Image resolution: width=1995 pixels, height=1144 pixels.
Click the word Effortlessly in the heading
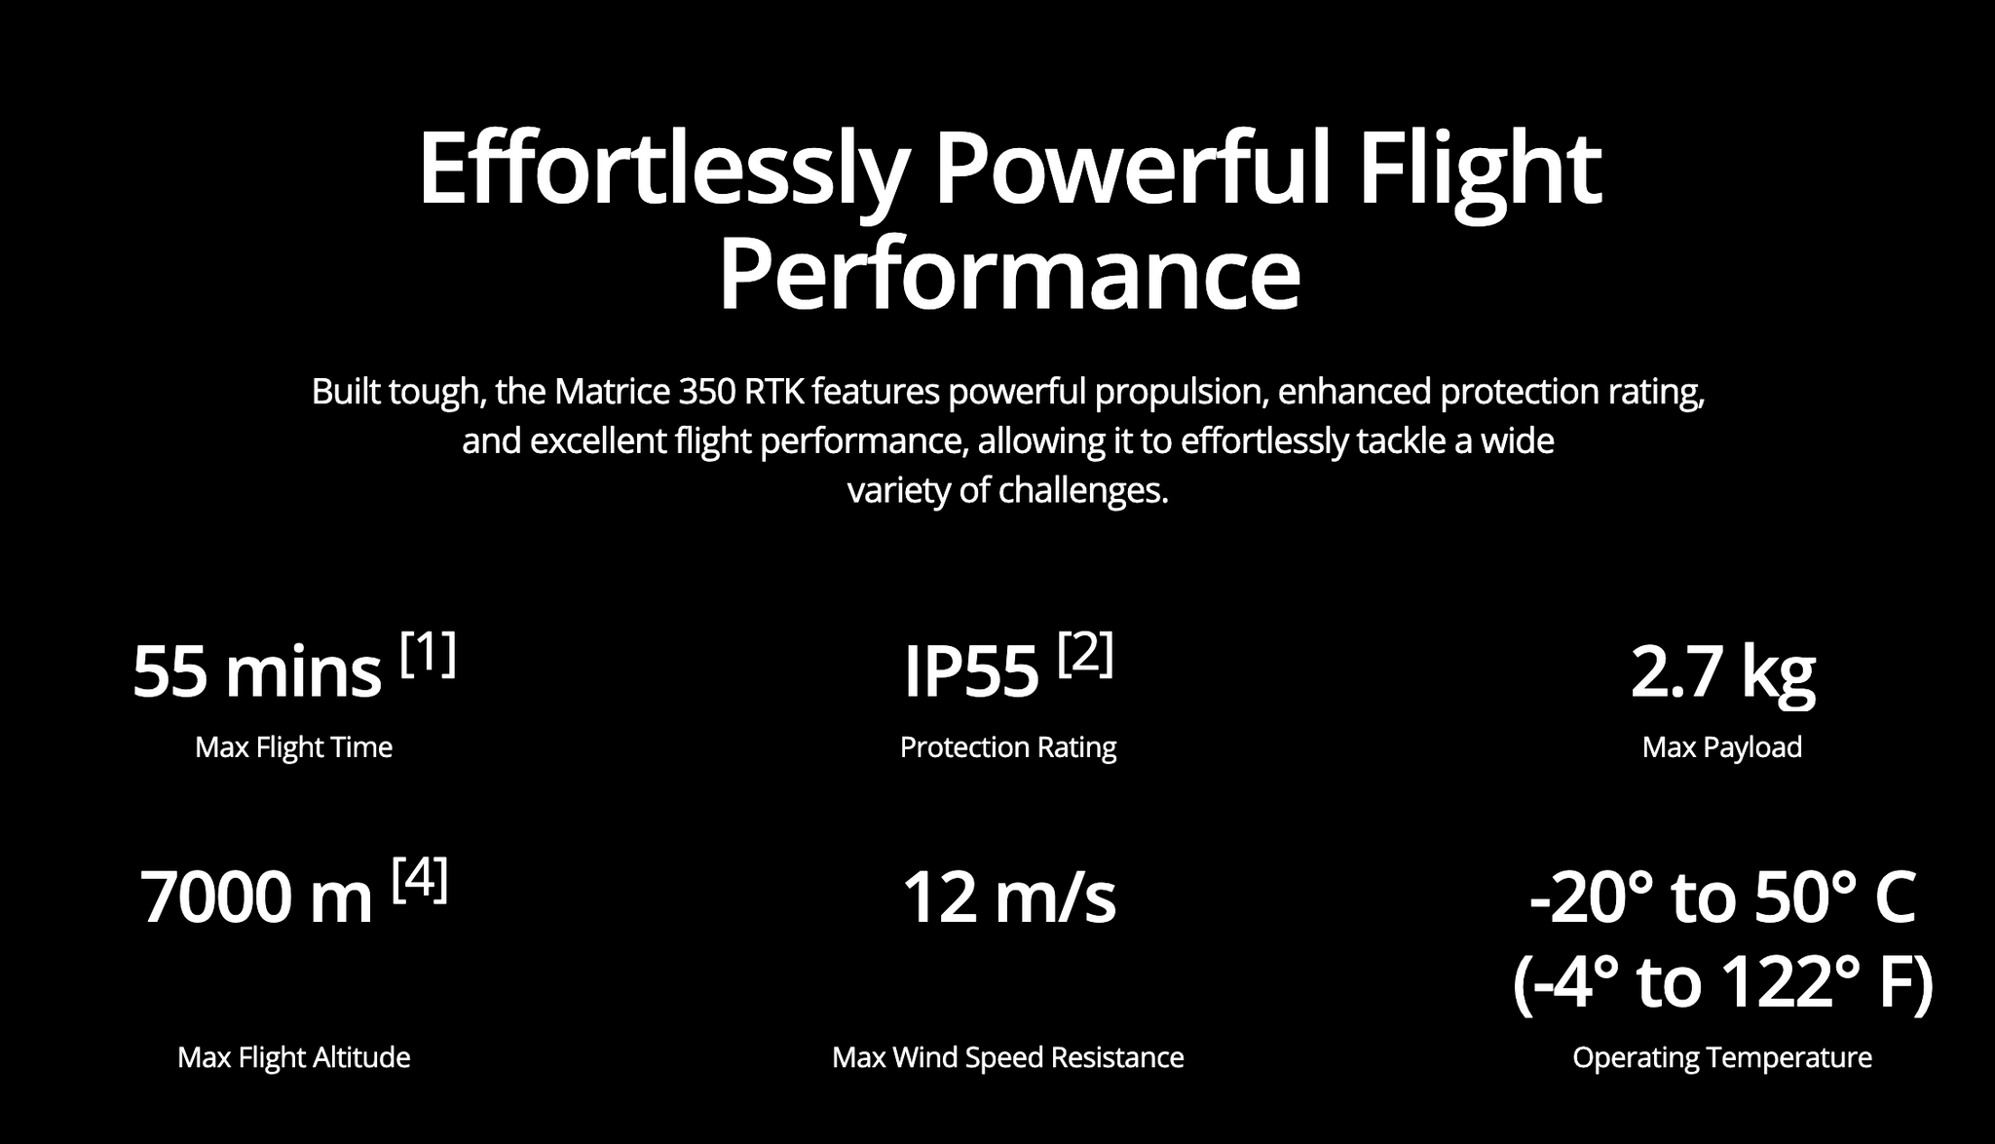(662, 170)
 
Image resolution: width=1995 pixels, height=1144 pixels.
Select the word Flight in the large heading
(1480, 170)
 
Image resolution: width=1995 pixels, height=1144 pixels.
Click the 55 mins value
(256, 672)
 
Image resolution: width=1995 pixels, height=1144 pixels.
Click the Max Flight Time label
(293, 747)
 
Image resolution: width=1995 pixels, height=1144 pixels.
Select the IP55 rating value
(971, 672)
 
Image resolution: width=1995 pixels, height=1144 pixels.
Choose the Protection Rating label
(1008, 747)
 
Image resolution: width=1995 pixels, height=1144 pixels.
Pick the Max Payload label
(1722, 747)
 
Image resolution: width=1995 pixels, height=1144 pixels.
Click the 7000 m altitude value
(256, 897)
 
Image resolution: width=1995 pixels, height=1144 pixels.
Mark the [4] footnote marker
(420, 879)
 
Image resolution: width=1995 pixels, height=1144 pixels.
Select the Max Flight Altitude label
(293, 1057)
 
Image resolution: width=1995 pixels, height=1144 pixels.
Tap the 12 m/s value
(1009, 897)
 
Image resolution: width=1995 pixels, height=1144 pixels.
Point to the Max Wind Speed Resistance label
(1008, 1057)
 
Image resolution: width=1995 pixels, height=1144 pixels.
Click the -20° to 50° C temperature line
(1722, 897)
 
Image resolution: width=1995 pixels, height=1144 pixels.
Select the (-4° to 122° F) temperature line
(1722, 982)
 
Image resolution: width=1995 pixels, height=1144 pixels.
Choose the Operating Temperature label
(1722, 1057)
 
